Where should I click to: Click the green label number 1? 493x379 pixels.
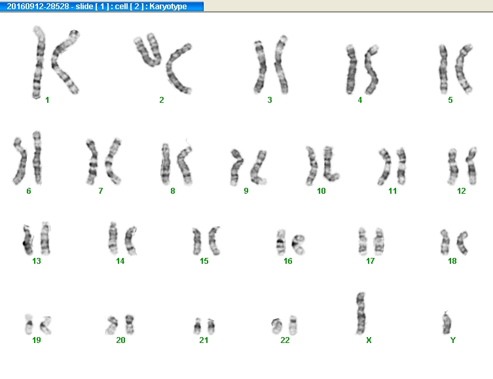tap(47, 100)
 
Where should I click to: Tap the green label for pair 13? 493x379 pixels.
tap(37, 261)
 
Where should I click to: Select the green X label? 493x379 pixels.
tap(369, 340)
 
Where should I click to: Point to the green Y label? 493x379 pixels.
tap(453, 340)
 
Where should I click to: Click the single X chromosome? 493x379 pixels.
tap(361, 314)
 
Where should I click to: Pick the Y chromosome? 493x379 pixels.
tap(447, 323)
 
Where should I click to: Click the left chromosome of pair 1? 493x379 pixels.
tap(39, 62)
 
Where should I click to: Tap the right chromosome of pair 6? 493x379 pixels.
tap(37, 158)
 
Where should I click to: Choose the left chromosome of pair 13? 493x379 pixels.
tap(28, 240)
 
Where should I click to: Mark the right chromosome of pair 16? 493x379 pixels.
tap(298, 244)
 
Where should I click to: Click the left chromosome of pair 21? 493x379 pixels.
tap(197, 327)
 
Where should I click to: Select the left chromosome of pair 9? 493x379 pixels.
tap(236, 168)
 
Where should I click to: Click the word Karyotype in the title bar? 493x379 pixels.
tap(168, 7)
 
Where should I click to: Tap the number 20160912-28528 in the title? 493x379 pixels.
tap(38, 7)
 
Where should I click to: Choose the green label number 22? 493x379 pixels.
tap(285, 340)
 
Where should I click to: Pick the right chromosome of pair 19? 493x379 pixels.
tap(46, 325)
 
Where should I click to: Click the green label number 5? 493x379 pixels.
tap(450, 100)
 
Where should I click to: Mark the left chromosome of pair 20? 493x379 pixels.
tap(111, 325)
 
